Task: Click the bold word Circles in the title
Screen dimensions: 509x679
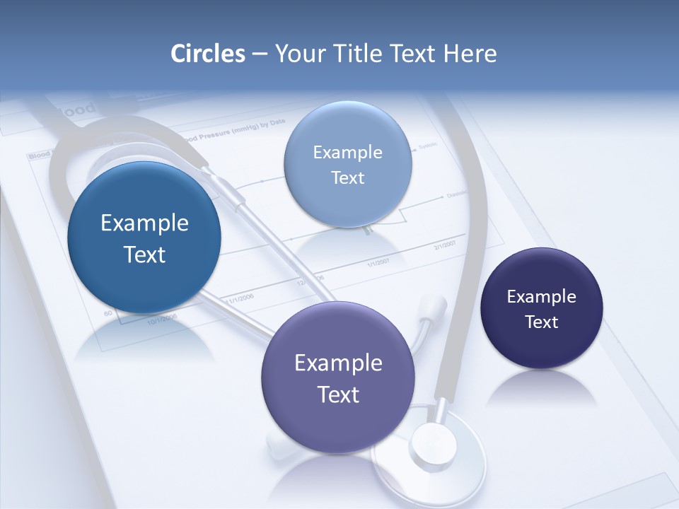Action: [x=208, y=54]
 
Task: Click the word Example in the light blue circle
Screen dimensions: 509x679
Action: [x=347, y=152]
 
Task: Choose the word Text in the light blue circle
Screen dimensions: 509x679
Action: [x=347, y=177]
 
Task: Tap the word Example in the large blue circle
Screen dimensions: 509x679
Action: [x=144, y=223]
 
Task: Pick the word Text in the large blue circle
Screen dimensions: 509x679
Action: [x=144, y=255]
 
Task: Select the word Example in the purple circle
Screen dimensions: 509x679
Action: [x=338, y=363]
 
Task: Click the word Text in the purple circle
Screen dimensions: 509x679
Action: [x=338, y=394]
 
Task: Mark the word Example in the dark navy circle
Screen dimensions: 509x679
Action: [x=541, y=297]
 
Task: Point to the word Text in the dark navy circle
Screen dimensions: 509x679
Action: [x=541, y=322]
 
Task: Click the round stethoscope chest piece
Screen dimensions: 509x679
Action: [x=431, y=445]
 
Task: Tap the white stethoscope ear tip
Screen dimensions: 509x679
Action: [x=433, y=307]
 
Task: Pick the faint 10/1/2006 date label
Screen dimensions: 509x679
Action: [x=162, y=320]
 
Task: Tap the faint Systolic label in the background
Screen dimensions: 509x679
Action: [x=428, y=146]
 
